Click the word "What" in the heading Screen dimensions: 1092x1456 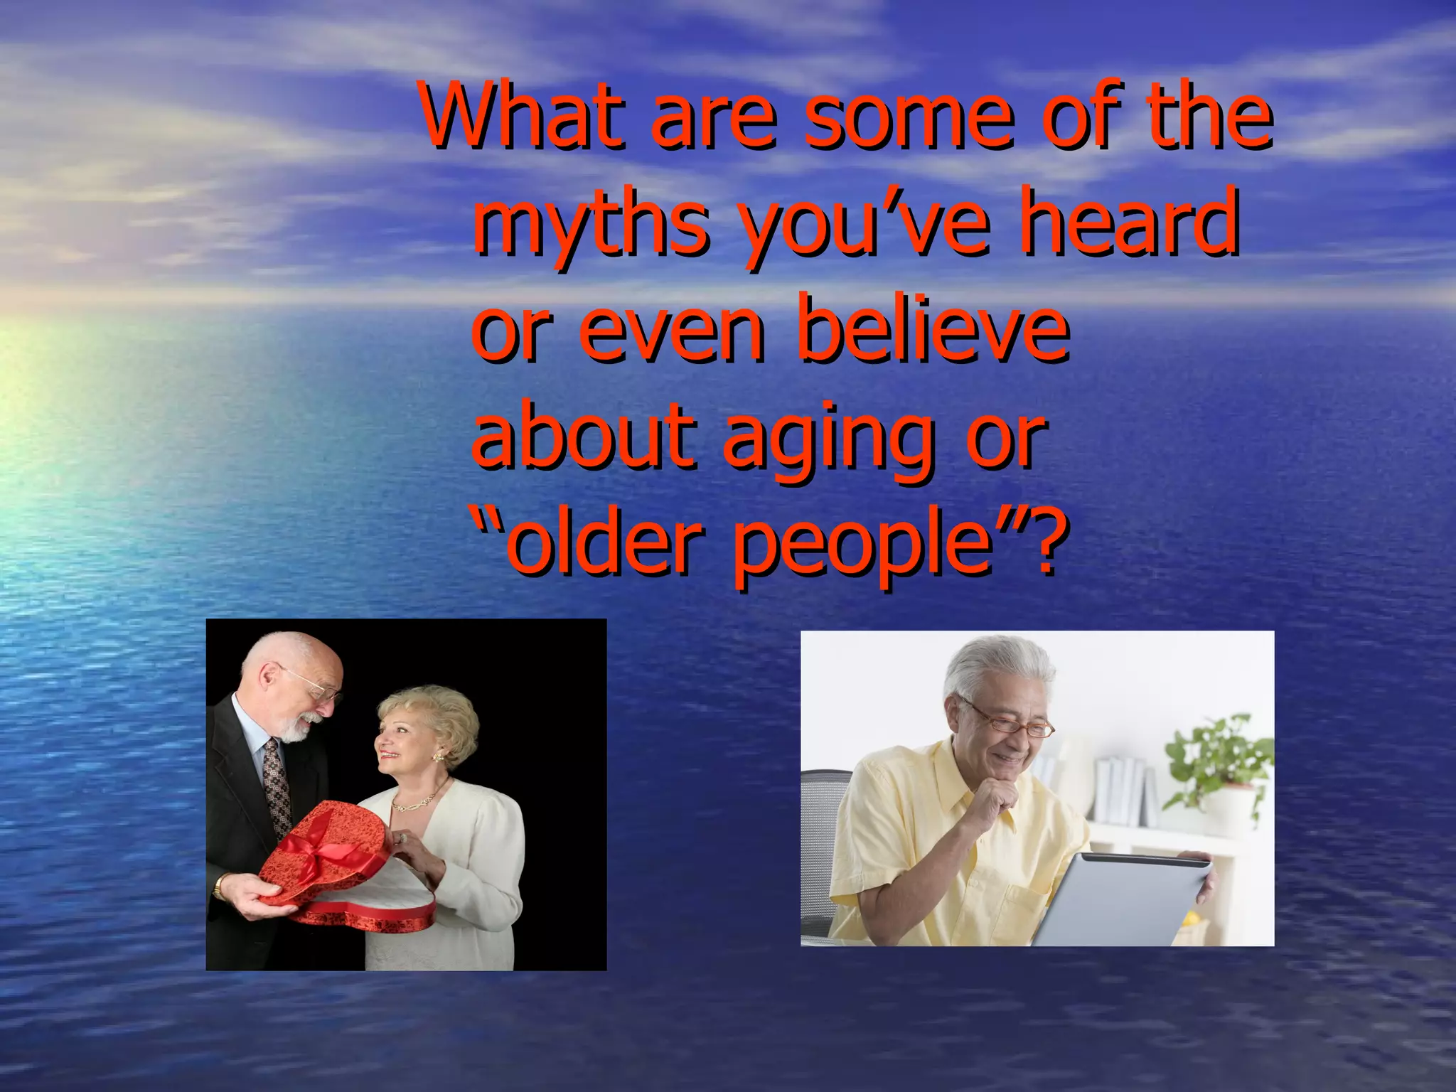(x=523, y=116)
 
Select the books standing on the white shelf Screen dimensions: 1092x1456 (x=1123, y=789)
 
